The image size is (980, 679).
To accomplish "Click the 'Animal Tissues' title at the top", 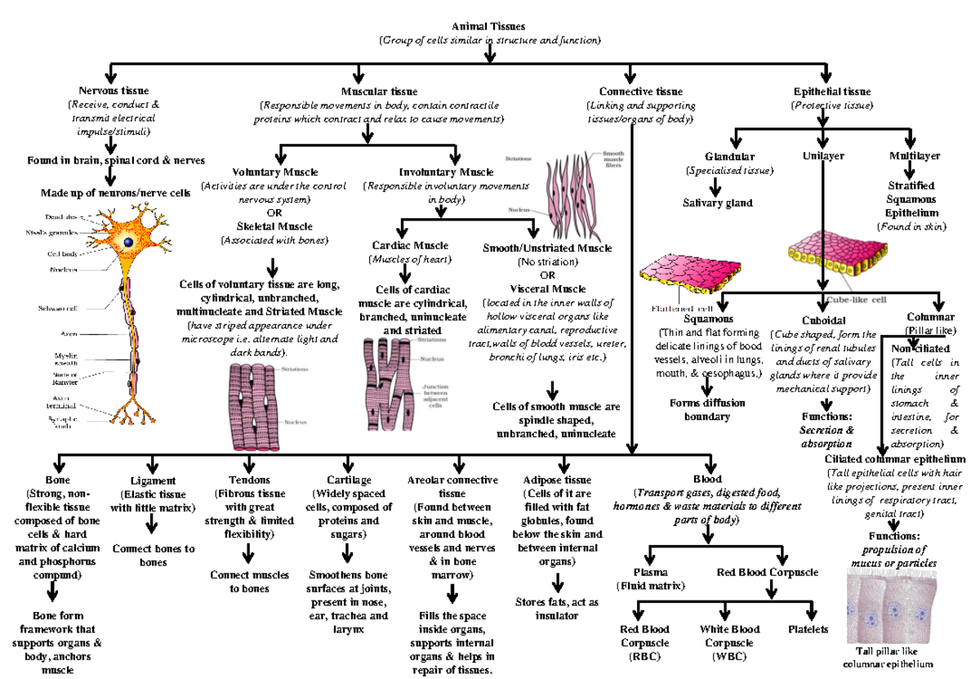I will (x=489, y=27).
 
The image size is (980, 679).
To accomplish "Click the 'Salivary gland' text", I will (x=718, y=203).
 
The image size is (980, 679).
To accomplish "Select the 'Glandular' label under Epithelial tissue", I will (x=730, y=156).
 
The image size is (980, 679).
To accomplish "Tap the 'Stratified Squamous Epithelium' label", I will (x=910, y=199).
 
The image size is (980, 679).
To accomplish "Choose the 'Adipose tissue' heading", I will (x=559, y=480).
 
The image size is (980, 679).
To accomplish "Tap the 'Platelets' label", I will (x=808, y=630).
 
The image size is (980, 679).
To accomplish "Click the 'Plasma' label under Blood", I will (x=650, y=573).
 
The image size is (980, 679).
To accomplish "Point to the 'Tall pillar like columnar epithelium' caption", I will (x=893, y=657).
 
